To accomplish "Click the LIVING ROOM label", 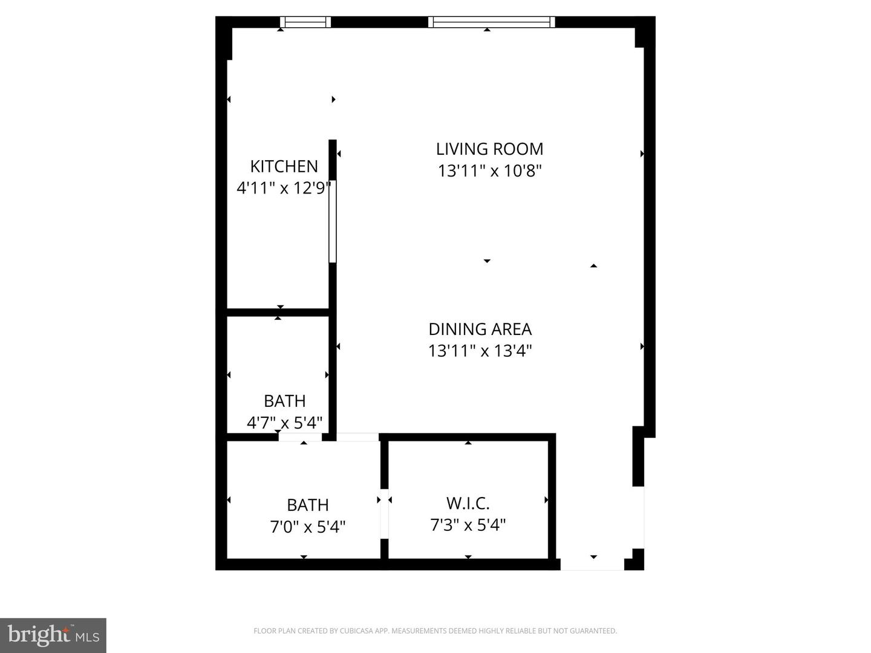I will pyautogui.click(x=489, y=149).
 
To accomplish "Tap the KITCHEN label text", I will pyautogui.click(x=284, y=166).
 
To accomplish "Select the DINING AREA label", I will pyautogui.click(x=480, y=329).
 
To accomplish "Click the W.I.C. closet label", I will pyautogui.click(x=468, y=503).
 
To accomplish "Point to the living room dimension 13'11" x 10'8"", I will pyautogui.click(x=489, y=171).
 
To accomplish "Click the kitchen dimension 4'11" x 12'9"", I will pyautogui.click(x=283, y=188).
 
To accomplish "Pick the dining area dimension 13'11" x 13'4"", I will pyautogui.click(x=480, y=351).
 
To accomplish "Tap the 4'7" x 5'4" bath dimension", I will pyautogui.click(x=284, y=422).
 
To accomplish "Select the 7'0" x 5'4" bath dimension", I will pyautogui.click(x=307, y=527).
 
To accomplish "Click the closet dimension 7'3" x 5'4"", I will pyautogui.click(x=468, y=524).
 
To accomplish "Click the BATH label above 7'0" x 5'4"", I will pyautogui.click(x=307, y=505).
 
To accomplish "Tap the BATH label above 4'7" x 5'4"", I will pyautogui.click(x=284, y=401).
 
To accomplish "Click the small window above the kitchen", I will pyautogui.click(x=305, y=22).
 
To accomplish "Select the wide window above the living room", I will pyautogui.click(x=491, y=22).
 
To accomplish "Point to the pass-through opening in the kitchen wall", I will pyautogui.click(x=332, y=221).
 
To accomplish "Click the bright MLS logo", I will pyautogui.click(x=53, y=635).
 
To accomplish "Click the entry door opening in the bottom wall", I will pyautogui.click(x=592, y=565).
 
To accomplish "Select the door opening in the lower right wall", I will pyautogui.click(x=639, y=517).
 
